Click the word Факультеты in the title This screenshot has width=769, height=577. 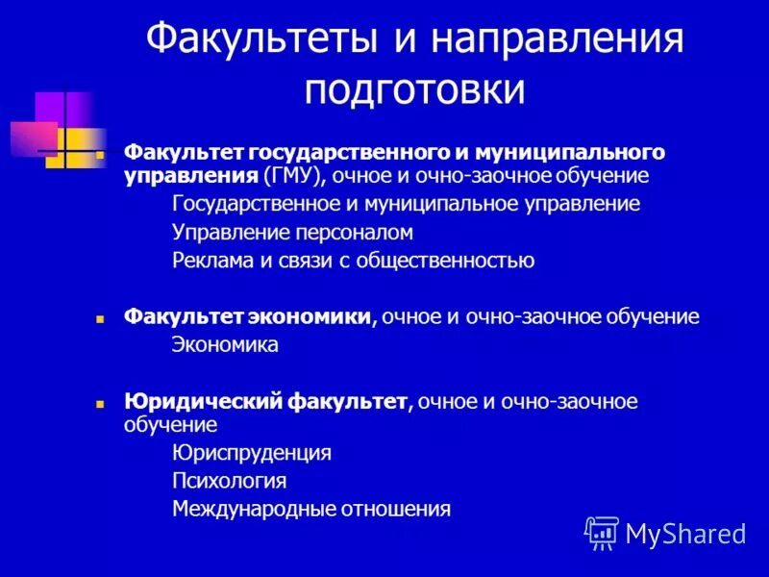tap(260, 40)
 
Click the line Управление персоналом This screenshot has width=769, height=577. tap(292, 232)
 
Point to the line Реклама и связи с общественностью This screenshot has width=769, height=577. tap(353, 260)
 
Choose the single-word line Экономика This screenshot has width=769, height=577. tap(225, 344)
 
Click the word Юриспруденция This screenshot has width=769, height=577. tap(252, 452)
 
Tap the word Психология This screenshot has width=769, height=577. tap(229, 480)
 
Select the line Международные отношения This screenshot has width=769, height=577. tap(311, 508)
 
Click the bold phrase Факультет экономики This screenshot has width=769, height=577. tap(247, 316)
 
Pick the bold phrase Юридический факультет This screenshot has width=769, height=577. tap(266, 401)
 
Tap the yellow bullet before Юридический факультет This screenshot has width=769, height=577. tap(99, 403)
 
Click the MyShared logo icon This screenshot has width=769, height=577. tap(602, 533)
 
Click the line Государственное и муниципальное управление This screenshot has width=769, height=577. tap(406, 204)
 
